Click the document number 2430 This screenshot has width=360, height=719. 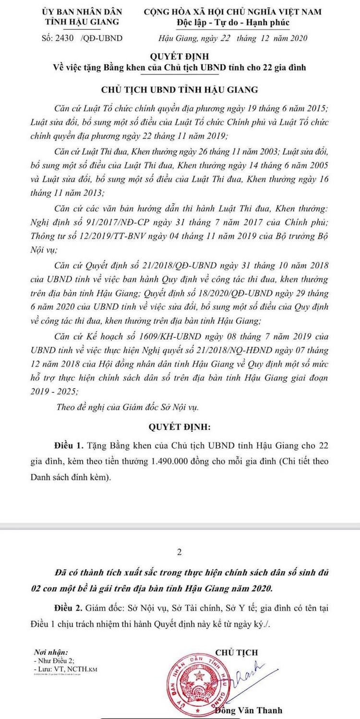[69, 38]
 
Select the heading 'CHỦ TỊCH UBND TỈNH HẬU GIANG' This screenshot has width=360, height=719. [180, 90]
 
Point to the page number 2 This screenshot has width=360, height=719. [180, 552]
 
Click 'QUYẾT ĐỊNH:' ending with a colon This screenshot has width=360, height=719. [180, 426]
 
